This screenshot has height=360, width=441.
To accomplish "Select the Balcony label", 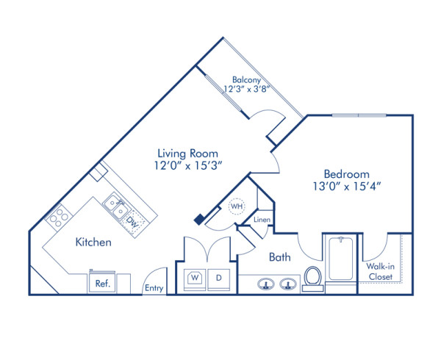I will (x=248, y=79).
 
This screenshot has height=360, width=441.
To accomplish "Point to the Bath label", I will (x=279, y=257).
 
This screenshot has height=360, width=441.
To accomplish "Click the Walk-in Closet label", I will (x=380, y=272).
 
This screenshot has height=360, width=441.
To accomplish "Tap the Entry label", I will (x=154, y=288).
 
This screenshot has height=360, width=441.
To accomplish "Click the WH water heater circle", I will (x=237, y=206).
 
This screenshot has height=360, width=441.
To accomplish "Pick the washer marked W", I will (x=196, y=278).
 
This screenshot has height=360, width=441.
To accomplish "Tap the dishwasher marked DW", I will (x=132, y=219).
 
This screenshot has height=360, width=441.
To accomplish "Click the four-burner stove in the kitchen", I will (x=58, y=217).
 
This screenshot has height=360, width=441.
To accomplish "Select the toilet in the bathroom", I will (x=312, y=278).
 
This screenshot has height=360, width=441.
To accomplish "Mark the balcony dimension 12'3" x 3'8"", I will (x=248, y=90).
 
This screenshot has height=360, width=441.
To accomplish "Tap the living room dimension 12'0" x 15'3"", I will (x=187, y=166).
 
